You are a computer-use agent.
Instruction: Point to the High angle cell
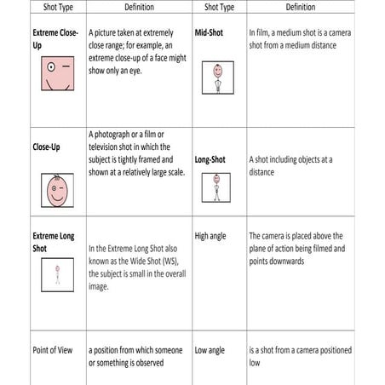point(210,236)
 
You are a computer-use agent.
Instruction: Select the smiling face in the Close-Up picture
point(58,191)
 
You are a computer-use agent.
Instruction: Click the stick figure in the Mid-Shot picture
point(216,76)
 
